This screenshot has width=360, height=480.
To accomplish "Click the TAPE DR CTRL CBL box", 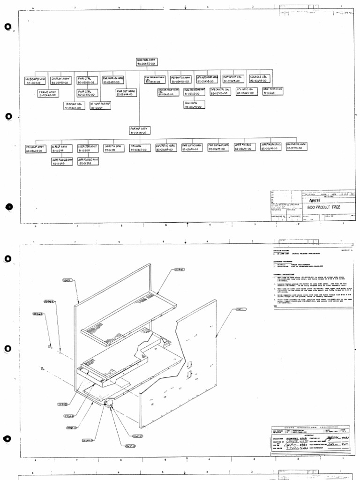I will (220, 92).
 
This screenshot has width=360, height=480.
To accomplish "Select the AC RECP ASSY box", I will (61, 149).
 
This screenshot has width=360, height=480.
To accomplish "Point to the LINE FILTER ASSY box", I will (87, 149).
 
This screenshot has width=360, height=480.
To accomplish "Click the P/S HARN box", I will (139, 149).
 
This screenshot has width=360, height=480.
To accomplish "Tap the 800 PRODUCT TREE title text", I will (323, 207).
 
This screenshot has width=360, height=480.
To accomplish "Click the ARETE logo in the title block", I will (317, 199).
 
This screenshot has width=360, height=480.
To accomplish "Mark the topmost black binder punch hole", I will (7, 27).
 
